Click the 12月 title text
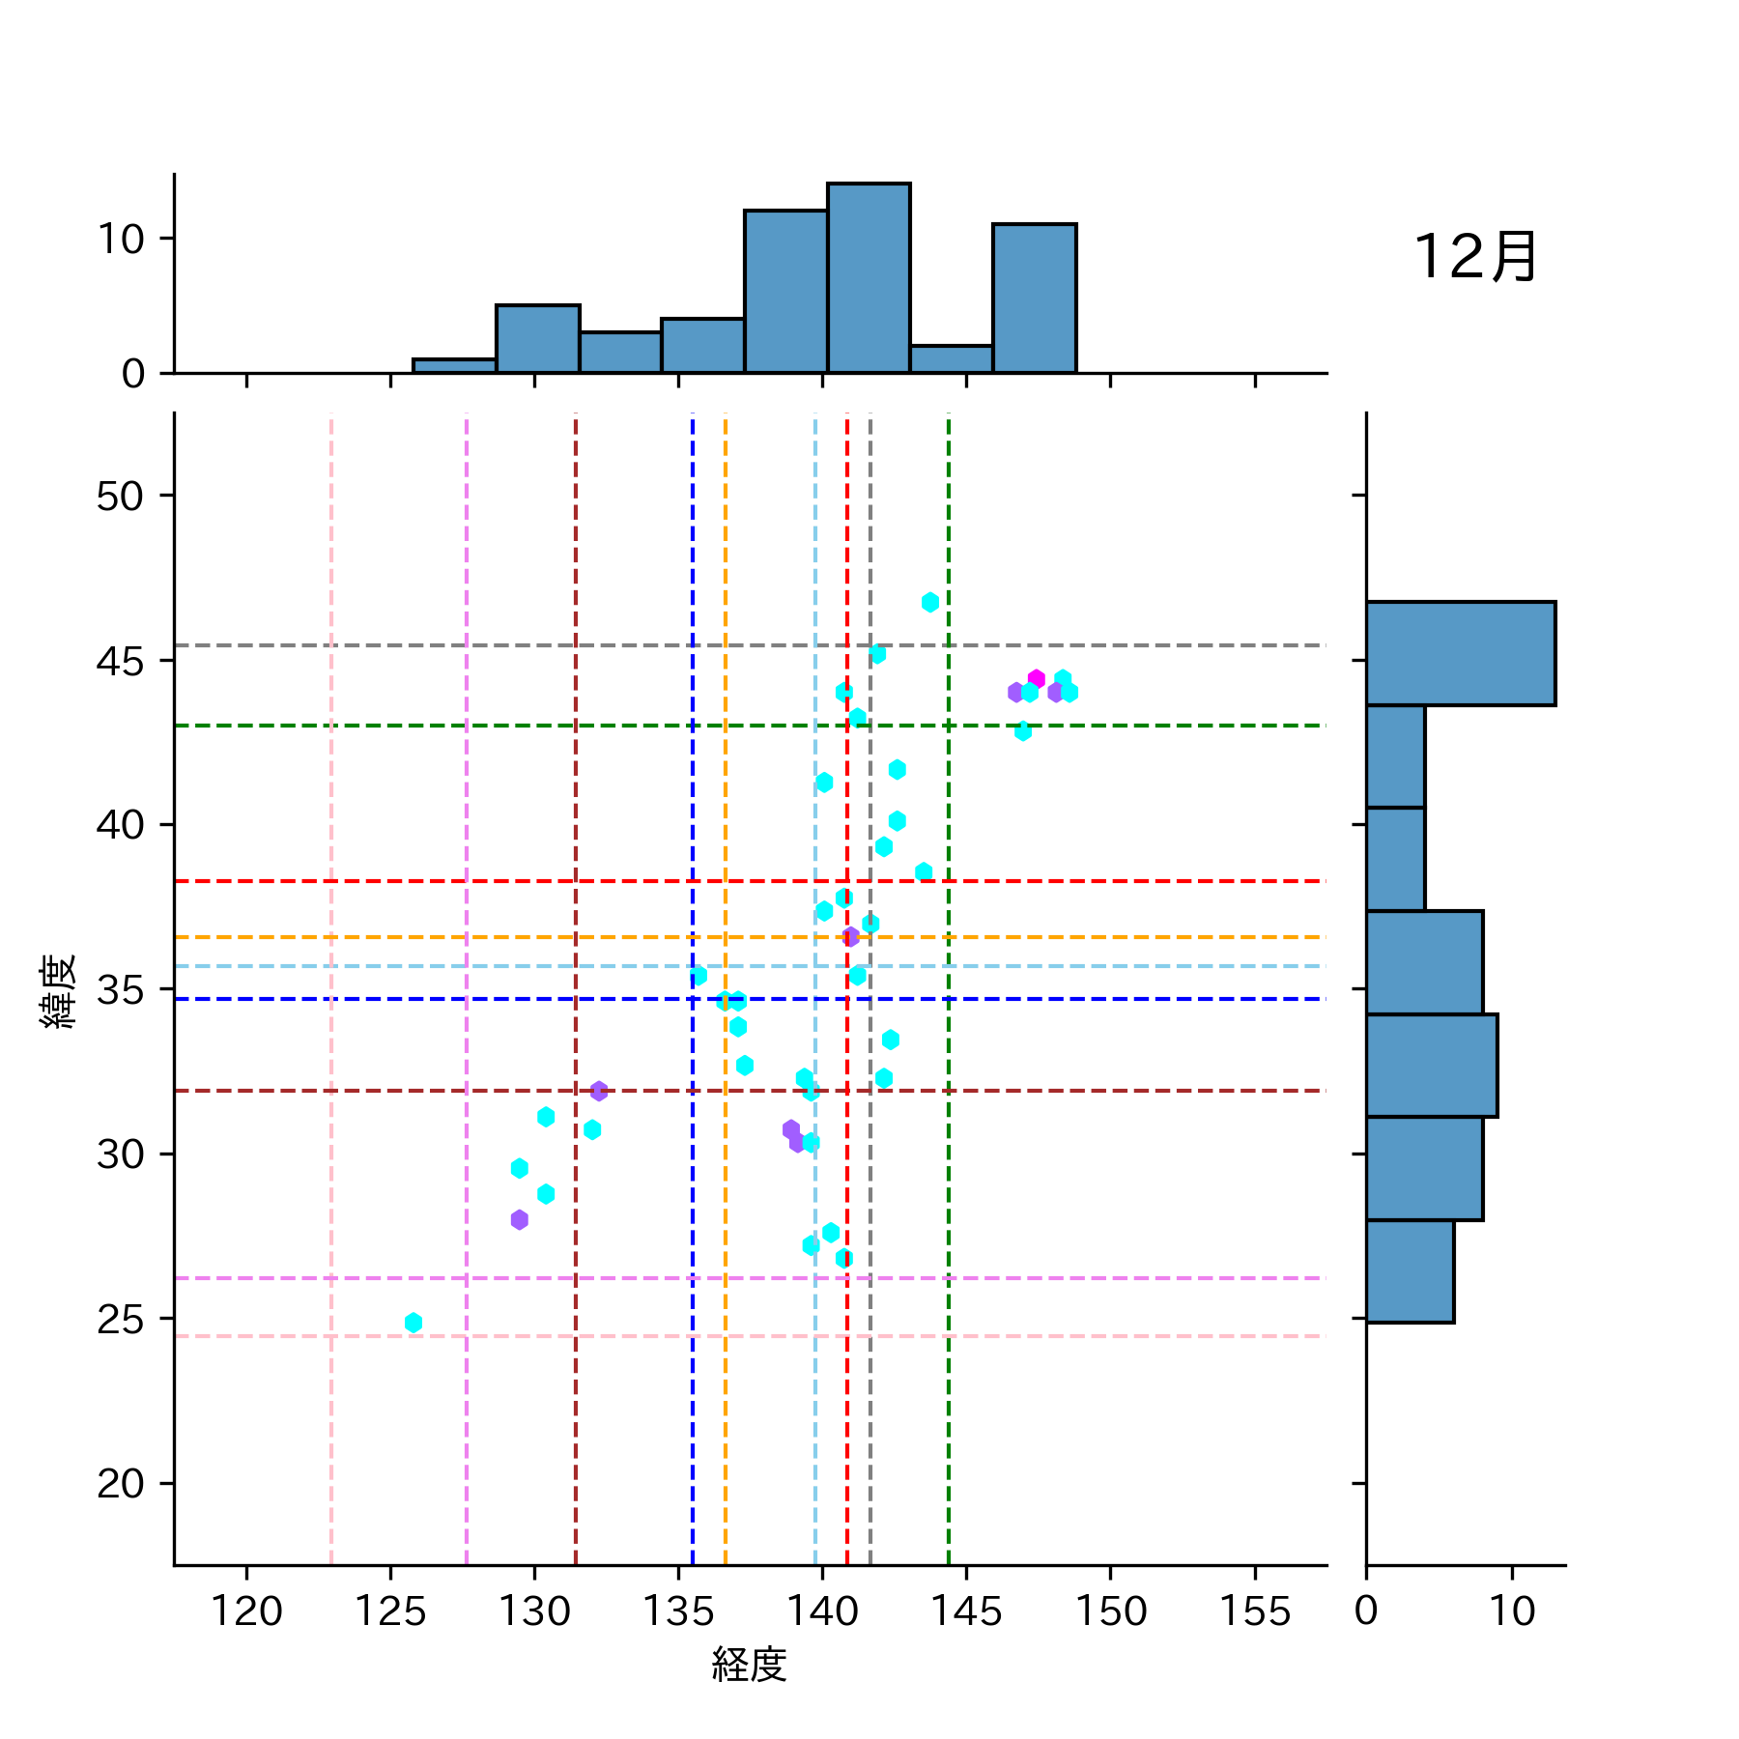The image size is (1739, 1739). pyautogui.click(x=1474, y=258)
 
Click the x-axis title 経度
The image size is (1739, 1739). pyautogui.click(x=749, y=1664)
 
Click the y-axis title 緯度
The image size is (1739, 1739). pyautogui.click(x=58, y=990)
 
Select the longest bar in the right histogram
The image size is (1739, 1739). pyautogui.click(x=1460, y=653)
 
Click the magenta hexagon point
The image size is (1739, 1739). pyautogui.click(x=1037, y=679)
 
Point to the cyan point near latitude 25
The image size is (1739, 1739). pyautogui.click(x=413, y=1323)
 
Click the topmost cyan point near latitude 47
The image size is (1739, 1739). pyautogui.click(x=930, y=603)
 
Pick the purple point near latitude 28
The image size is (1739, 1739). pyautogui.click(x=520, y=1220)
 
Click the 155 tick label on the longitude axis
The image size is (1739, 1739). pyautogui.click(x=1255, y=1611)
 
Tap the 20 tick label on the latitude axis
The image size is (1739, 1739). pyautogui.click(x=120, y=1483)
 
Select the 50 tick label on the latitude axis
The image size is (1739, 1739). pyautogui.click(x=120, y=496)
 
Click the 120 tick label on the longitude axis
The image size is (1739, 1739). pyautogui.click(x=246, y=1611)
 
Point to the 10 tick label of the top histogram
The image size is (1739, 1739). pyautogui.click(x=121, y=239)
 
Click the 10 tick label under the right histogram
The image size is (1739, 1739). pyautogui.click(x=1512, y=1611)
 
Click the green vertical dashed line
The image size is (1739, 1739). pyautogui.click(x=949, y=1159)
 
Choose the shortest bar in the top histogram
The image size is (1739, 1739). pyautogui.click(x=455, y=366)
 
